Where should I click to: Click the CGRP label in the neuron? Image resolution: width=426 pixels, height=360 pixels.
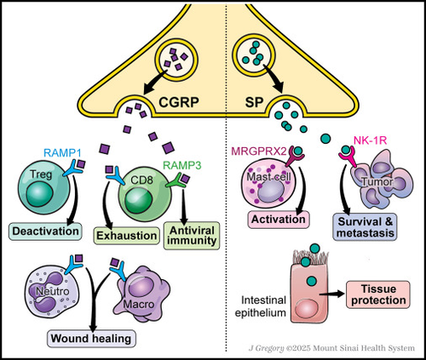[x=178, y=102]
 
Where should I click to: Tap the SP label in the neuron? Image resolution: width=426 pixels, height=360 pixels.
[x=254, y=102]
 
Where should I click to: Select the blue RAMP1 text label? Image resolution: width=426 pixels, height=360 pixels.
[x=62, y=153]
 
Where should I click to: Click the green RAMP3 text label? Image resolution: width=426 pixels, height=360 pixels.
[x=182, y=165]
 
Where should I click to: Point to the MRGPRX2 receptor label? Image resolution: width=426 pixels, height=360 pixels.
[x=259, y=151]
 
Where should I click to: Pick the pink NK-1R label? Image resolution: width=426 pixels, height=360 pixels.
[x=371, y=140]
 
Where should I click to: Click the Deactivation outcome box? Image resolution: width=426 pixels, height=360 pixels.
[x=45, y=231]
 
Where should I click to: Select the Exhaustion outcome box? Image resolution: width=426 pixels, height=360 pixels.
[x=127, y=236]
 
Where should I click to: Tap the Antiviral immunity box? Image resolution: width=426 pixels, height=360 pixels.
[x=192, y=236]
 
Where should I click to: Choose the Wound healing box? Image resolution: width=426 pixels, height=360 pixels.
[x=91, y=339]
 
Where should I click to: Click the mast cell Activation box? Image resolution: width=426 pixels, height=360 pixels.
[x=279, y=220]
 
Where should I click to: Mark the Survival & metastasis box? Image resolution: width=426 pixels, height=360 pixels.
[x=366, y=227]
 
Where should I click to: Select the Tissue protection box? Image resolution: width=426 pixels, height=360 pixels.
[x=378, y=294]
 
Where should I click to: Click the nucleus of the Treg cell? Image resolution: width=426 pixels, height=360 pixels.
[x=40, y=195]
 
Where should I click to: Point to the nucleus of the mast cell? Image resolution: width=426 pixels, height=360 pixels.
[x=271, y=191]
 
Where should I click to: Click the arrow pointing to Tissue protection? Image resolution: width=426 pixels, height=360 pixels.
[x=331, y=294]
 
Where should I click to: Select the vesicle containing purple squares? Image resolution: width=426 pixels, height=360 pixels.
[x=176, y=60]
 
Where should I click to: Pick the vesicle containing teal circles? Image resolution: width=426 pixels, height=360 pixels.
[x=254, y=54]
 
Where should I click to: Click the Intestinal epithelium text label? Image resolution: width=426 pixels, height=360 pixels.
[x=260, y=306]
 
